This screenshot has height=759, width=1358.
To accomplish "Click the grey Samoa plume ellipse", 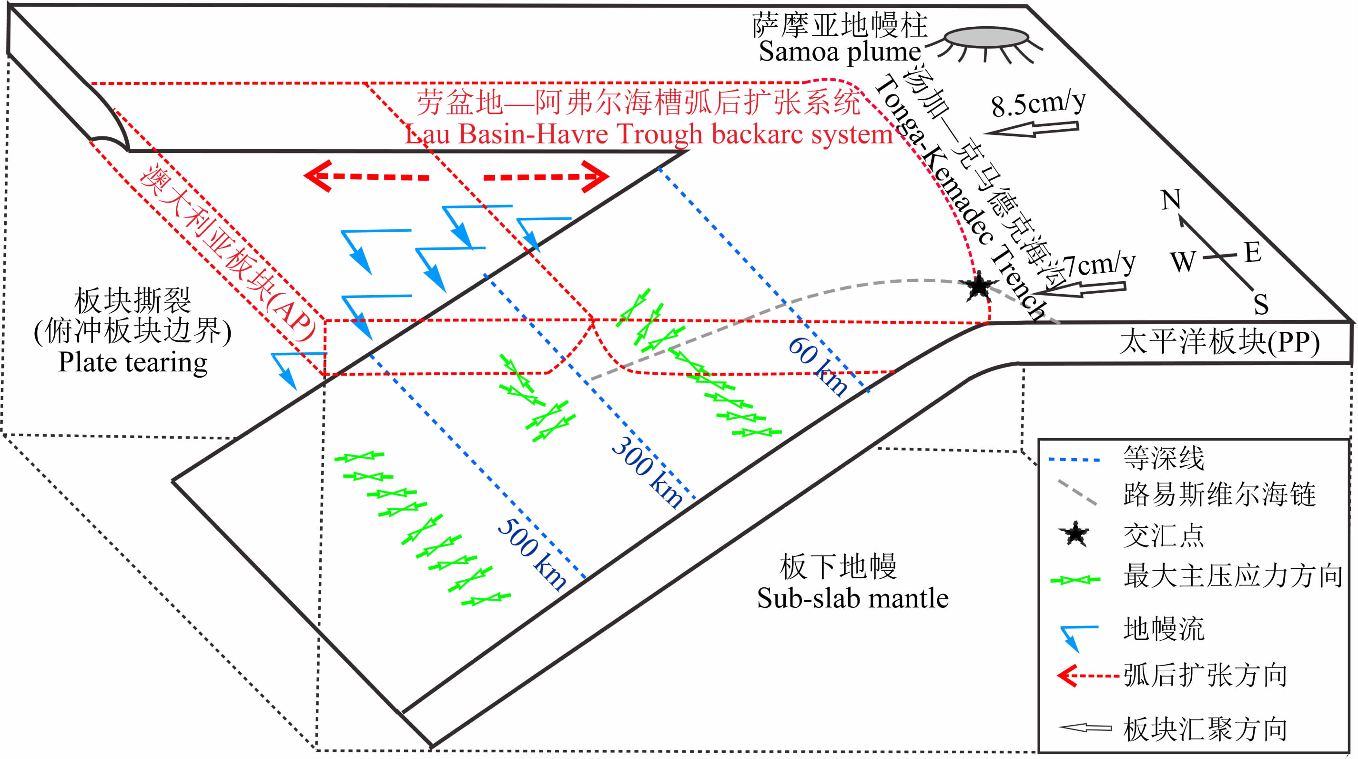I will click(986, 38).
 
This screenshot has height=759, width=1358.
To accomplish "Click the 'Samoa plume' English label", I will click(839, 51).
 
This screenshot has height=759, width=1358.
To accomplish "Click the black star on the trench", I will click(978, 287).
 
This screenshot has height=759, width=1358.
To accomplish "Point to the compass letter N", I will click(1171, 199).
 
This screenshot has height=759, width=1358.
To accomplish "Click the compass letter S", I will click(1261, 304).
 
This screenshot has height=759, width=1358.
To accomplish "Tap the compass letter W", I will click(1183, 262).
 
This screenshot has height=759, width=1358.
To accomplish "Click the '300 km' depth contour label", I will click(648, 472).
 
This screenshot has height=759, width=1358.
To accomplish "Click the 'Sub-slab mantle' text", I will click(852, 599).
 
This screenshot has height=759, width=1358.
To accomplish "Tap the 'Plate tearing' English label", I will click(132, 362).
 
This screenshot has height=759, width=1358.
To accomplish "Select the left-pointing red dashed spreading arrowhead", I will click(318, 175).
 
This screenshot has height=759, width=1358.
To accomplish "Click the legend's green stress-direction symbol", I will click(1075, 580).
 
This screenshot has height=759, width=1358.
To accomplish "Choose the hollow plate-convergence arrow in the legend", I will click(1085, 728).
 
